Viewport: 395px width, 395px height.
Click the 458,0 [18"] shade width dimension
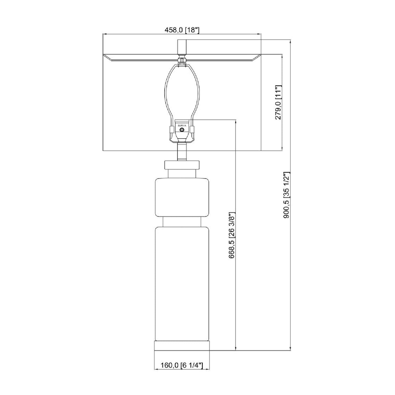[x=182, y=30]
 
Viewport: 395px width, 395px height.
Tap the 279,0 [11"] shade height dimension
[x=278, y=102]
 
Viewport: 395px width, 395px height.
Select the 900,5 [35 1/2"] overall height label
[x=287, y=195]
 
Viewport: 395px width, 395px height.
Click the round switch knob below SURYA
[x=182, y=130]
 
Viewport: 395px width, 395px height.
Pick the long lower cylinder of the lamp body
[x=182, y=284]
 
